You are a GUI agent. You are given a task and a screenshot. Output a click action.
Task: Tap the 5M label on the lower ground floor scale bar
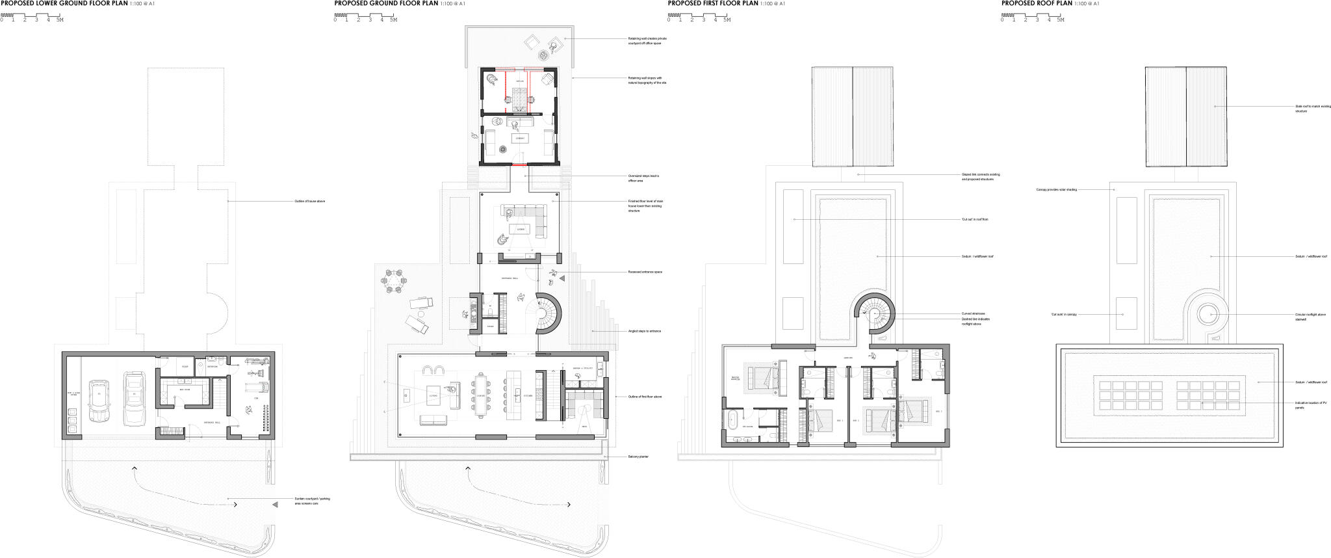(x=60, y=20)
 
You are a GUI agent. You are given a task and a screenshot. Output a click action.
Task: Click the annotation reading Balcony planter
(x=638, y=457)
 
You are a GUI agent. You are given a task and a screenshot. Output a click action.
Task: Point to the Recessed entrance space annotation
(x=645, y=272)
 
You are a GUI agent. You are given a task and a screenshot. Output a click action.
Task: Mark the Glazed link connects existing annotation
(x=980, y=176)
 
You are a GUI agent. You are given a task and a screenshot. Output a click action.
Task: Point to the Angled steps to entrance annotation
(x=644, y=331)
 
